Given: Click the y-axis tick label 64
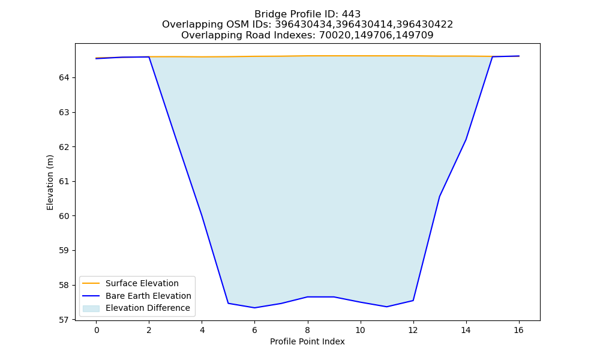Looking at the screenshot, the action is (64, 78).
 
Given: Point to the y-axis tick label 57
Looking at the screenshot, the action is (64, 320).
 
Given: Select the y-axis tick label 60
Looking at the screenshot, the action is (64, 216).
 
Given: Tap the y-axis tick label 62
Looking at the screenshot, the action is (64, 147).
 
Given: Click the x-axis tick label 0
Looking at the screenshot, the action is (97, 330).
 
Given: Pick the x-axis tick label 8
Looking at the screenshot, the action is (307, 330).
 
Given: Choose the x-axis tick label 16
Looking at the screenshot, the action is (518, 330).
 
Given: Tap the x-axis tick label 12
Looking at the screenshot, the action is (413, 330).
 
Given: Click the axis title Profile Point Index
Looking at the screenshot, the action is (307, 341).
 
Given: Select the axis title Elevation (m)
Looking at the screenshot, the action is (50, 182).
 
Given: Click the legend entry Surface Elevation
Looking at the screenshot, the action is (142, 283).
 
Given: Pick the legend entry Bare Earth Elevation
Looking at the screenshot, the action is (148, 296).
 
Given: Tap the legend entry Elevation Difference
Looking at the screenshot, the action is (148, 308).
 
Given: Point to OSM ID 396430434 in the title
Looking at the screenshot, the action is (304, 25).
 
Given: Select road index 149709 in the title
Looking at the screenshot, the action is (415, 35).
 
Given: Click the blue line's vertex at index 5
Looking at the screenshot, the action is (228, 304).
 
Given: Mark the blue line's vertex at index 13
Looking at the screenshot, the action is (439, 197).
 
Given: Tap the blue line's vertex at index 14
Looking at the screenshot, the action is (466, 140).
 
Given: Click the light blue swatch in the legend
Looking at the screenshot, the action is (91, 308).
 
